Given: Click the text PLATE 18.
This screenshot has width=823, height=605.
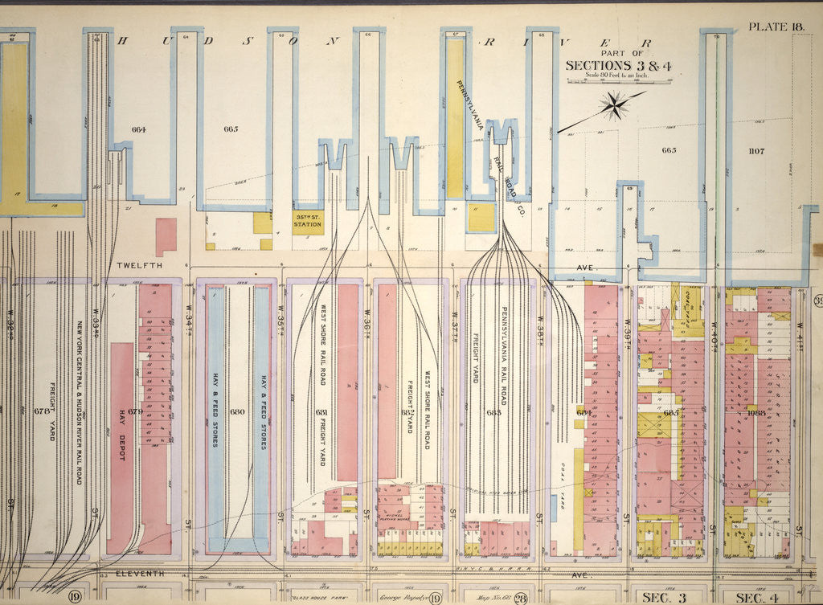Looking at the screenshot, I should [776, 27].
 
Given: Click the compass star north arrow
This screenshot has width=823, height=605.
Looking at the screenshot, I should [615, 104].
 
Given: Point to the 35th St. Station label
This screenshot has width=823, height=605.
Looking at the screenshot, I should [307, 222].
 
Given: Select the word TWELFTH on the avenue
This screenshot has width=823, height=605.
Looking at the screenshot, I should [139, 264].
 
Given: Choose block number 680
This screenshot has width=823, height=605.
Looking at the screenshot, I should [236, 412].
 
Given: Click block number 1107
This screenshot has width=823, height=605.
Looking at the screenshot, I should [755, 150].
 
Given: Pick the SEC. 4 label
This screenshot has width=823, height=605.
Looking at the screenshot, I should [755, 596].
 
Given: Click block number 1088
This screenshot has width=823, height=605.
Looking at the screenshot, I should [755, 412].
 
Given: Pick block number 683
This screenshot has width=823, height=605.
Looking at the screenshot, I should [492, 412].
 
